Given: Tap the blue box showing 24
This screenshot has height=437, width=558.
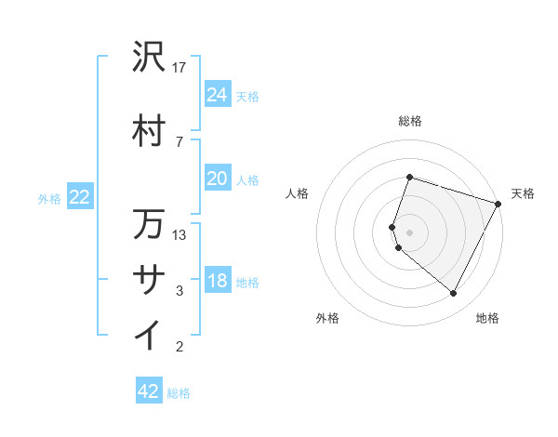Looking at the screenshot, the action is pos(218,94).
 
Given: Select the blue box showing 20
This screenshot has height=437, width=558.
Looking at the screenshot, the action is pos(218,178).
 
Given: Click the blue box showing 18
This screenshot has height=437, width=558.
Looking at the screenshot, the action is pos(218,280).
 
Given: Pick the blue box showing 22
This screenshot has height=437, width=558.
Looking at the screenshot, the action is pos(80,196).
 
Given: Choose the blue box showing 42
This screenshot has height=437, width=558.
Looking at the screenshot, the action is pos(149,391).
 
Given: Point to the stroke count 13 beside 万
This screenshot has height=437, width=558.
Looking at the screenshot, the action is pos(180,234).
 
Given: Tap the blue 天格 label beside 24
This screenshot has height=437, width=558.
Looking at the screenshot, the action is pos(246,96).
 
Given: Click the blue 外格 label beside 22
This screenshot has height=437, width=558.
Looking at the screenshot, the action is pos(49,198).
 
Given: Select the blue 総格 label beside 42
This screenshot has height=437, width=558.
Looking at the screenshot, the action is pos(179,393).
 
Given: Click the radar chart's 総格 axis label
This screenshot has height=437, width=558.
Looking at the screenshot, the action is pos(410,121).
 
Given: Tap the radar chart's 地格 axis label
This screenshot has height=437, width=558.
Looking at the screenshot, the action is pos(487,318).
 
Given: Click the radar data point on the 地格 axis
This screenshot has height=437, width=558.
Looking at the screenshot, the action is pos(454,294).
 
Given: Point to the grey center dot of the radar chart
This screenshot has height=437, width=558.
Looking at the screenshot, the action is pos(410,232).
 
